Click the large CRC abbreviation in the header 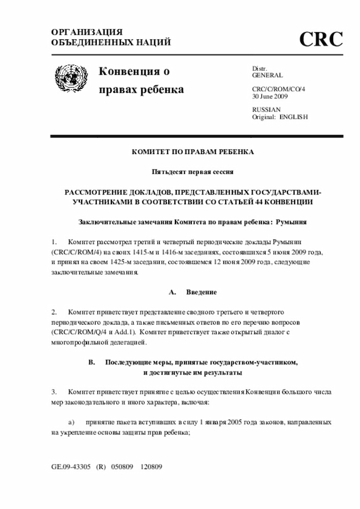pyautogui.click(x=321, y=39)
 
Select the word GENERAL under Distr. pyautogui.click(x=267, y=75)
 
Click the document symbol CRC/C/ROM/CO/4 pyautogui.click(x=278, y=89)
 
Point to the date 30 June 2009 pyautogui.click(x=270, y=96)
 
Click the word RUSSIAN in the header pyautogui.click(x=266, y=109)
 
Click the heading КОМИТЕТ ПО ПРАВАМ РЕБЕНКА pyautogui.click(x=193, y=152)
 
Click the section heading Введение pyautogui.click(x=201, y=292)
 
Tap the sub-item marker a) pyautogui.click(x=71, y=421)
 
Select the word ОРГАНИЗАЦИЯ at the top pyautogui.click(x=87, y=32)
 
